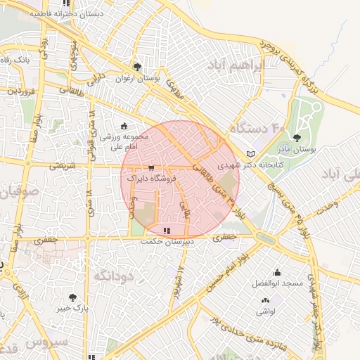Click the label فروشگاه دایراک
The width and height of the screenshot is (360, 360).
152,179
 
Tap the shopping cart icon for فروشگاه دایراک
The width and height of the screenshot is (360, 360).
151,168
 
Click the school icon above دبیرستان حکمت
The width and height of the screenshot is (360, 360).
166,231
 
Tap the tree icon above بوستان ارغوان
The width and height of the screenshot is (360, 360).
137,67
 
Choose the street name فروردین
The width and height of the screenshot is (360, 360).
22,91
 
